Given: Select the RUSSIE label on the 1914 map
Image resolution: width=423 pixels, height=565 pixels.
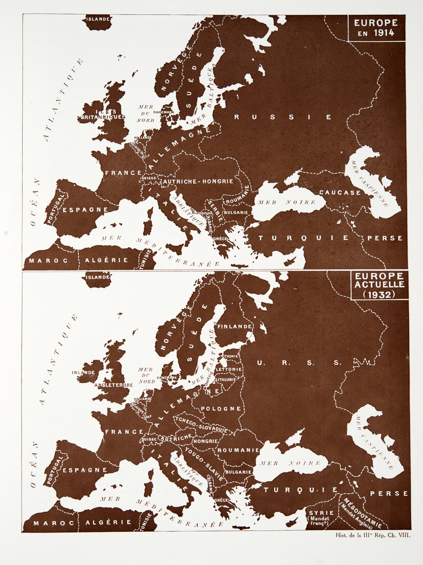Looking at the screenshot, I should (x=283, y=117).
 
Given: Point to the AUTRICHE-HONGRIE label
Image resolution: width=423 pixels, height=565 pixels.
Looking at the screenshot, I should (x=198, y=182).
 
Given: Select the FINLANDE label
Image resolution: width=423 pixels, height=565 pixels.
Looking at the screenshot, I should (x=235, y=326).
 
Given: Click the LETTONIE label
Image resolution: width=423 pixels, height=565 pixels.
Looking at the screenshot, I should (x=229, y=369).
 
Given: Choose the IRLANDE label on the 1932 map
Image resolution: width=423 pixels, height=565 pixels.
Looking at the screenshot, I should (x=83, y=372).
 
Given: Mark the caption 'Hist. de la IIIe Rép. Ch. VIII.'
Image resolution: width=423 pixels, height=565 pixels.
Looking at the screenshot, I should (x=373, y=534).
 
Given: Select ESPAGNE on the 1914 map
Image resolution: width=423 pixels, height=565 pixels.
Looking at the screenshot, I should (x=85, y=209).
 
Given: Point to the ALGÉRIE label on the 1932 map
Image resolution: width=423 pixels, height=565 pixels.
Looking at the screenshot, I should (x=108, y=522).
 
